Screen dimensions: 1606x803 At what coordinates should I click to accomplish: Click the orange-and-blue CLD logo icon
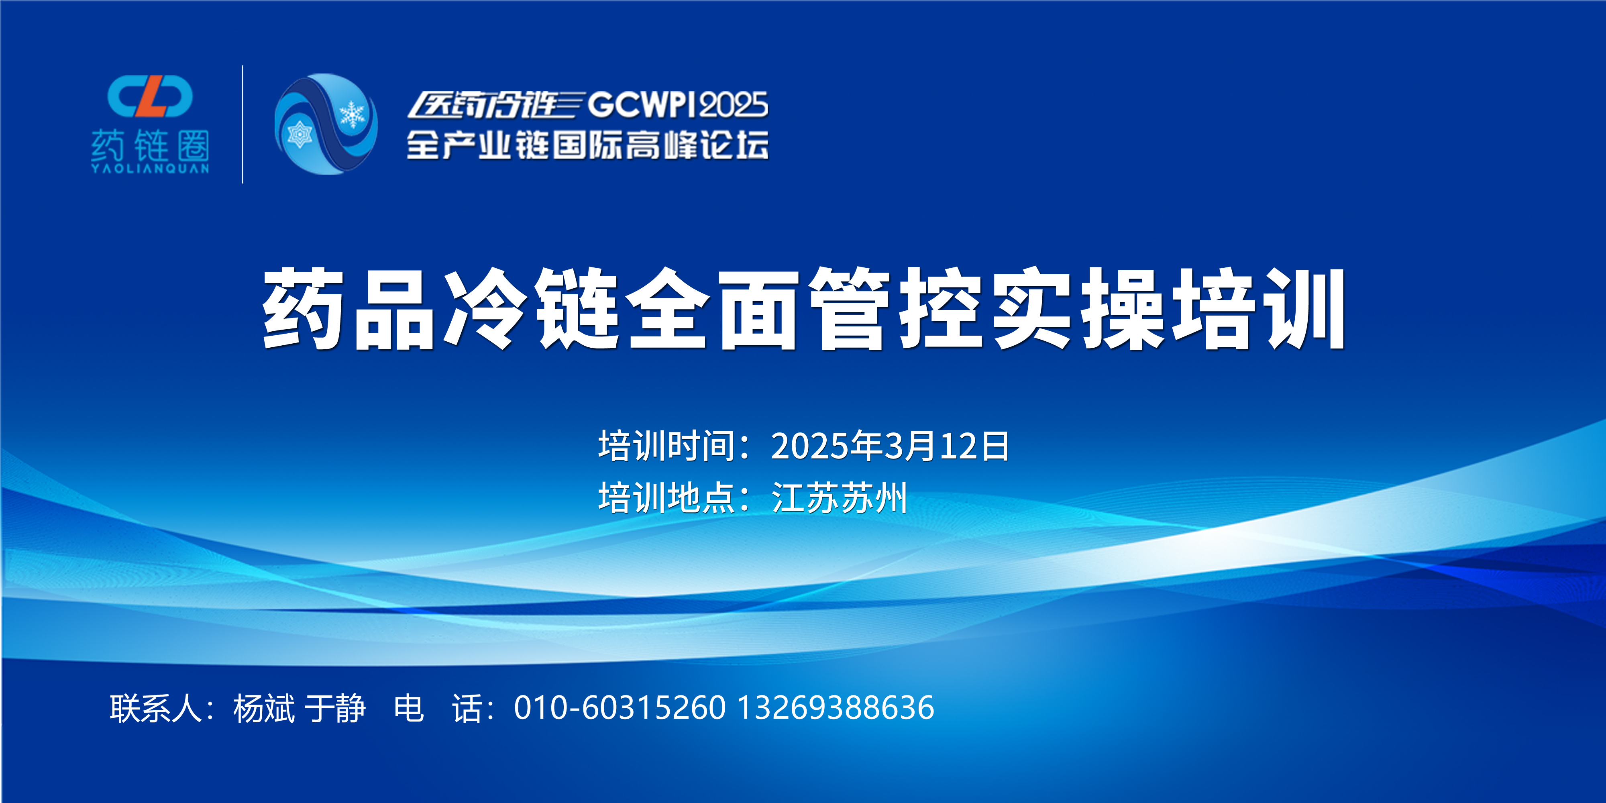click(150, 97)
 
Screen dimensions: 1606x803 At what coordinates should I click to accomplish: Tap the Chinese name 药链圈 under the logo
click(150, 146)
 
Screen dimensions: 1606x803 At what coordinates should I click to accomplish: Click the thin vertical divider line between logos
click(243, 124)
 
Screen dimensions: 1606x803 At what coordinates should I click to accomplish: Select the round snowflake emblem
click(326, 124)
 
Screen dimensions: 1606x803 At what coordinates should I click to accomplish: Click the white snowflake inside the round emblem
click(352, 114)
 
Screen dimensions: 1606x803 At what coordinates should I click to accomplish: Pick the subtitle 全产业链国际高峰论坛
click(587, 145)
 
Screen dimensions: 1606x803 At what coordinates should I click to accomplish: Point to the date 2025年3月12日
click(890, 446)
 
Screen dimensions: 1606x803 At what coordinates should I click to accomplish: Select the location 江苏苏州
click(839, 497)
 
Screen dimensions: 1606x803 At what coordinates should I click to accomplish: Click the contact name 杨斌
click(264, 708)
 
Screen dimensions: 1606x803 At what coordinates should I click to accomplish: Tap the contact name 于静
click(335, 708)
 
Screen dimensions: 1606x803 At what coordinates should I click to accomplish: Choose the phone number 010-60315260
click(620, 708)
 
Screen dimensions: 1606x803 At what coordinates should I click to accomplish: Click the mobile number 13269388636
click(836, 708)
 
